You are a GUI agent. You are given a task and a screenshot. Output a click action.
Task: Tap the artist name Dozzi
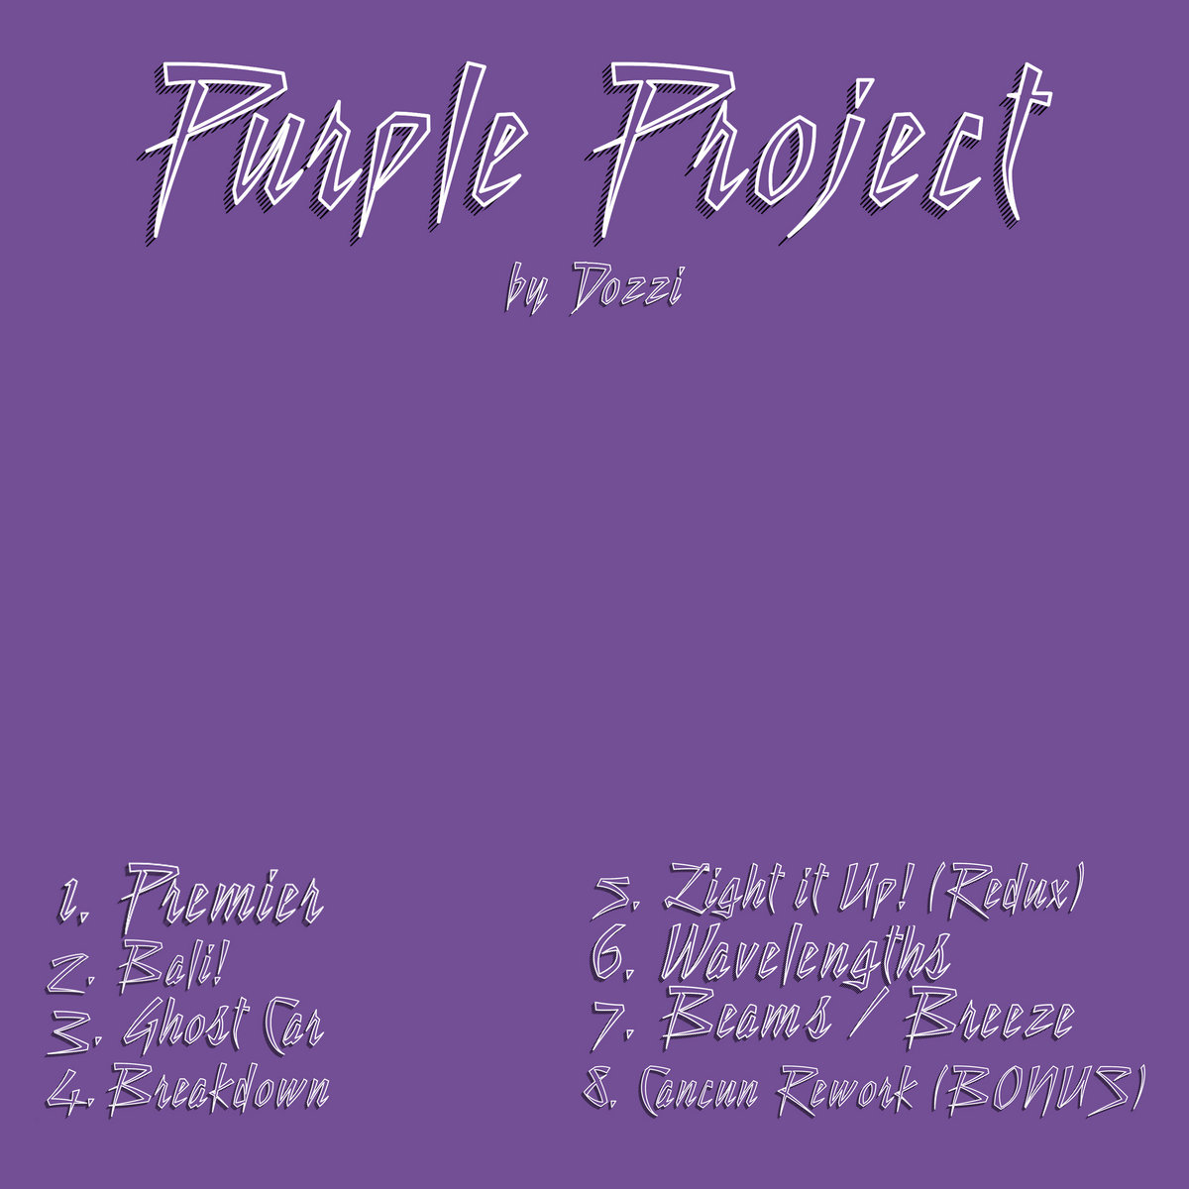628,287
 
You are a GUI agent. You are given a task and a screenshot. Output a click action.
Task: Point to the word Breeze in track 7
991,1021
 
